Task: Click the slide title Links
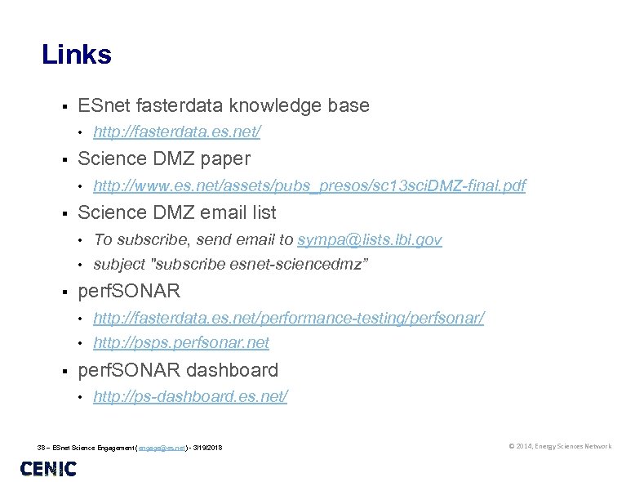pyautogui.click(x=77, y=55)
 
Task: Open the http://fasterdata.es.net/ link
pyautogui.click(x=177, y=132)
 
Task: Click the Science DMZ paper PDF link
pyautogui.click(x=309, y=186)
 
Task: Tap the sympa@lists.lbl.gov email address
pyautogui.click(x=370, y=239)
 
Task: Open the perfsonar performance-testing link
pyautogui.click(x=288, y=317)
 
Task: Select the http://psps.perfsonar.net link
pyautogui.click(x=181, y=342)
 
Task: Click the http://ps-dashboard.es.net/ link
pyautogui.click(x=190, y=396)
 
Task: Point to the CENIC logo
pyautogui.click(x=48, y=469)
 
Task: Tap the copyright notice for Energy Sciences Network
pyautogui.click(x=559, y=446)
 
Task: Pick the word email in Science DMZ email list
pyautogui.click(x=221, y=212)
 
